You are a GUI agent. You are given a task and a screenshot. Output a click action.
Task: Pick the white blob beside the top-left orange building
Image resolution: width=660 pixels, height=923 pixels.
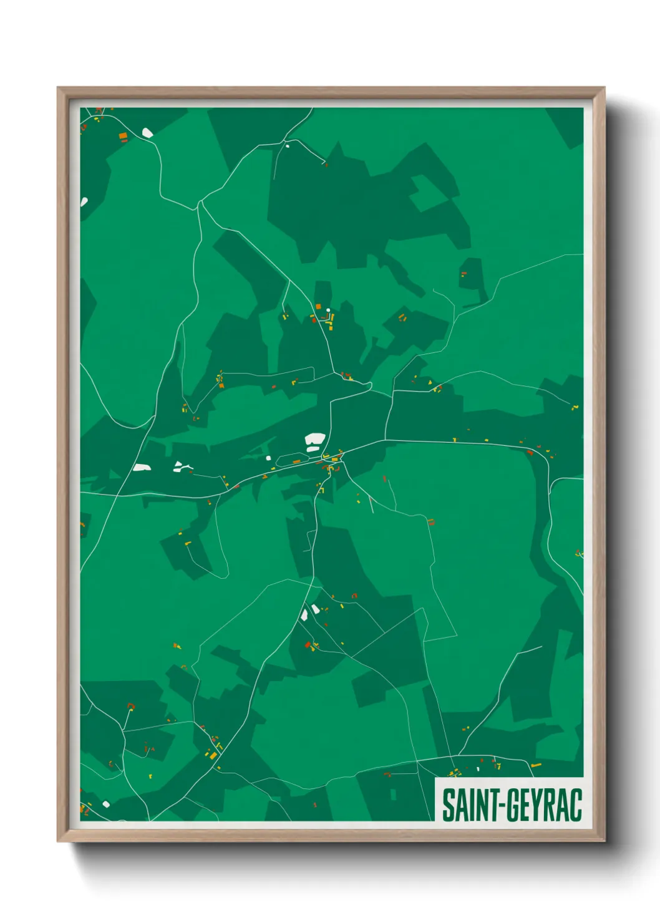click(147, 132)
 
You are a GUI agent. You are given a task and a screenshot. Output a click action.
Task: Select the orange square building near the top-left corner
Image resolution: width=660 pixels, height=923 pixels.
click(123, 135)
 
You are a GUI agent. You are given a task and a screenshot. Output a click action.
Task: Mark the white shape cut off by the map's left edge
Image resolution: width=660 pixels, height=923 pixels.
click(84, 201)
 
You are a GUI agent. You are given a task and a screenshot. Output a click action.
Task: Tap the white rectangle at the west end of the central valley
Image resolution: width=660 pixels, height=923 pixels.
click(142, 467)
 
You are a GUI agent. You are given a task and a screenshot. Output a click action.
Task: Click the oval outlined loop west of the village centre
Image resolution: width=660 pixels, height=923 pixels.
click(290, 460)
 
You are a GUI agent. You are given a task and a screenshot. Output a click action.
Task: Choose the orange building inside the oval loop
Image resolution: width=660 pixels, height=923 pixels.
click(296, 462)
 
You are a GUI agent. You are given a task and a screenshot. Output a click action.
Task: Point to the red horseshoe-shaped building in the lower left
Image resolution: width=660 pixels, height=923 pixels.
click(130, 706)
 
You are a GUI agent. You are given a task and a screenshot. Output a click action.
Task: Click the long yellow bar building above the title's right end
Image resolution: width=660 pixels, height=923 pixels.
click(535, 765)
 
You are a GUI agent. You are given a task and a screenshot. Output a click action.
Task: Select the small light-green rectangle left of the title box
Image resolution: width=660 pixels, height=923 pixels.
click(393, 795)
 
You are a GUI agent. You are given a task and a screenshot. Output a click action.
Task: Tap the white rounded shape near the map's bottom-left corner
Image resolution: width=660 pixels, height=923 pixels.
click(106, 804)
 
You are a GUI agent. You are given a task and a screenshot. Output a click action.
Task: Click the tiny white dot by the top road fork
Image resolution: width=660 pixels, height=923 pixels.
click(287, 146)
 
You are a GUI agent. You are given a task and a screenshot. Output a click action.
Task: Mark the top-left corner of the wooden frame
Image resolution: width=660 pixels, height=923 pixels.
click(59, 89)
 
